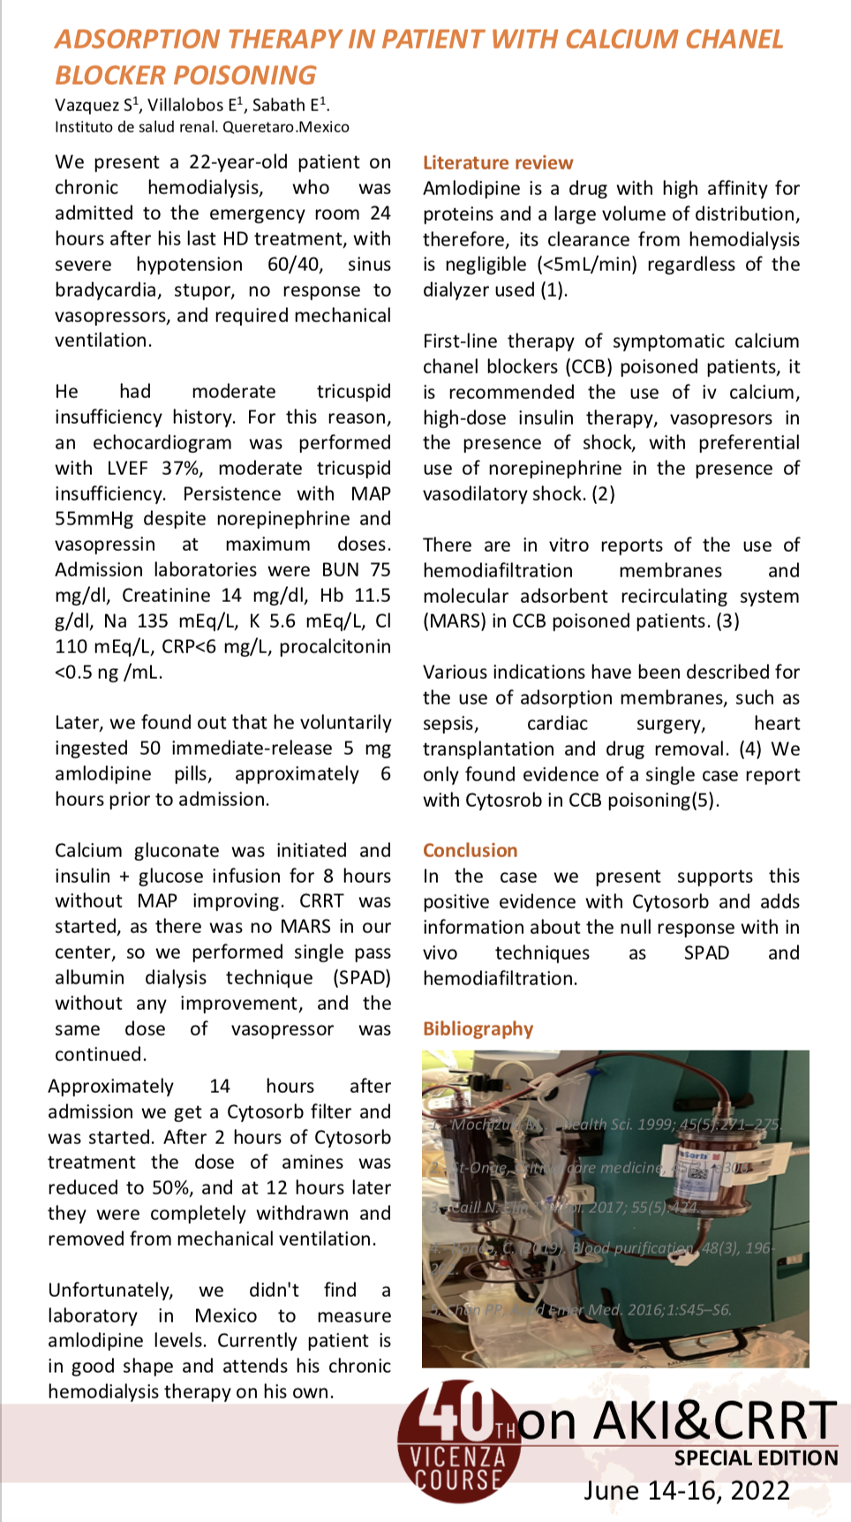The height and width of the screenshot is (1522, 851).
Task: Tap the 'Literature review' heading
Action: pyautogui.click(x=498, y=162)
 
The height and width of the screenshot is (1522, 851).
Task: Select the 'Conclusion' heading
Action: pyautogui.click(x=471, y=850)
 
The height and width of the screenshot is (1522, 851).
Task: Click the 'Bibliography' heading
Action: pyautogui.click(x=478, y=1028)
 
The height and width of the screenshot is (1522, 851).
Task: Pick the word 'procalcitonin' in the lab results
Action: pyautogui.click(x=335, y=647)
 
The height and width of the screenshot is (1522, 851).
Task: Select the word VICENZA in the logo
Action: pyautogui.click(x=458, y=1453)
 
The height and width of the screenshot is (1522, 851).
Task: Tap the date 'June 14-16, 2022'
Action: pyautogui.click(x=687, y=1491)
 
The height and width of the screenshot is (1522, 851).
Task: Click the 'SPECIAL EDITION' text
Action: pyautogui.click(x=757, y=1458)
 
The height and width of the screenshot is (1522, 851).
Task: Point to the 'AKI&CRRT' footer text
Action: pyautogui.click(x=714, y=1420)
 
